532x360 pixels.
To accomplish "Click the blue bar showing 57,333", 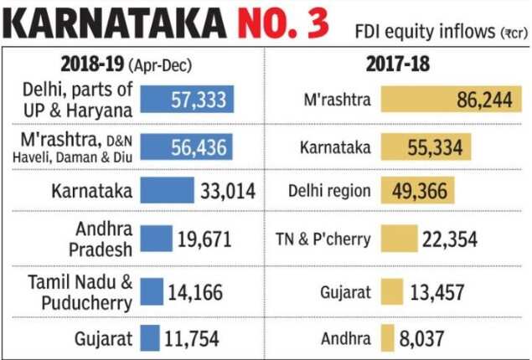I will (187, 100).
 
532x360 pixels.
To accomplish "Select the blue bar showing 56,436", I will (187, 147).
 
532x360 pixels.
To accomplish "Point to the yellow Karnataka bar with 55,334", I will (426, 147).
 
